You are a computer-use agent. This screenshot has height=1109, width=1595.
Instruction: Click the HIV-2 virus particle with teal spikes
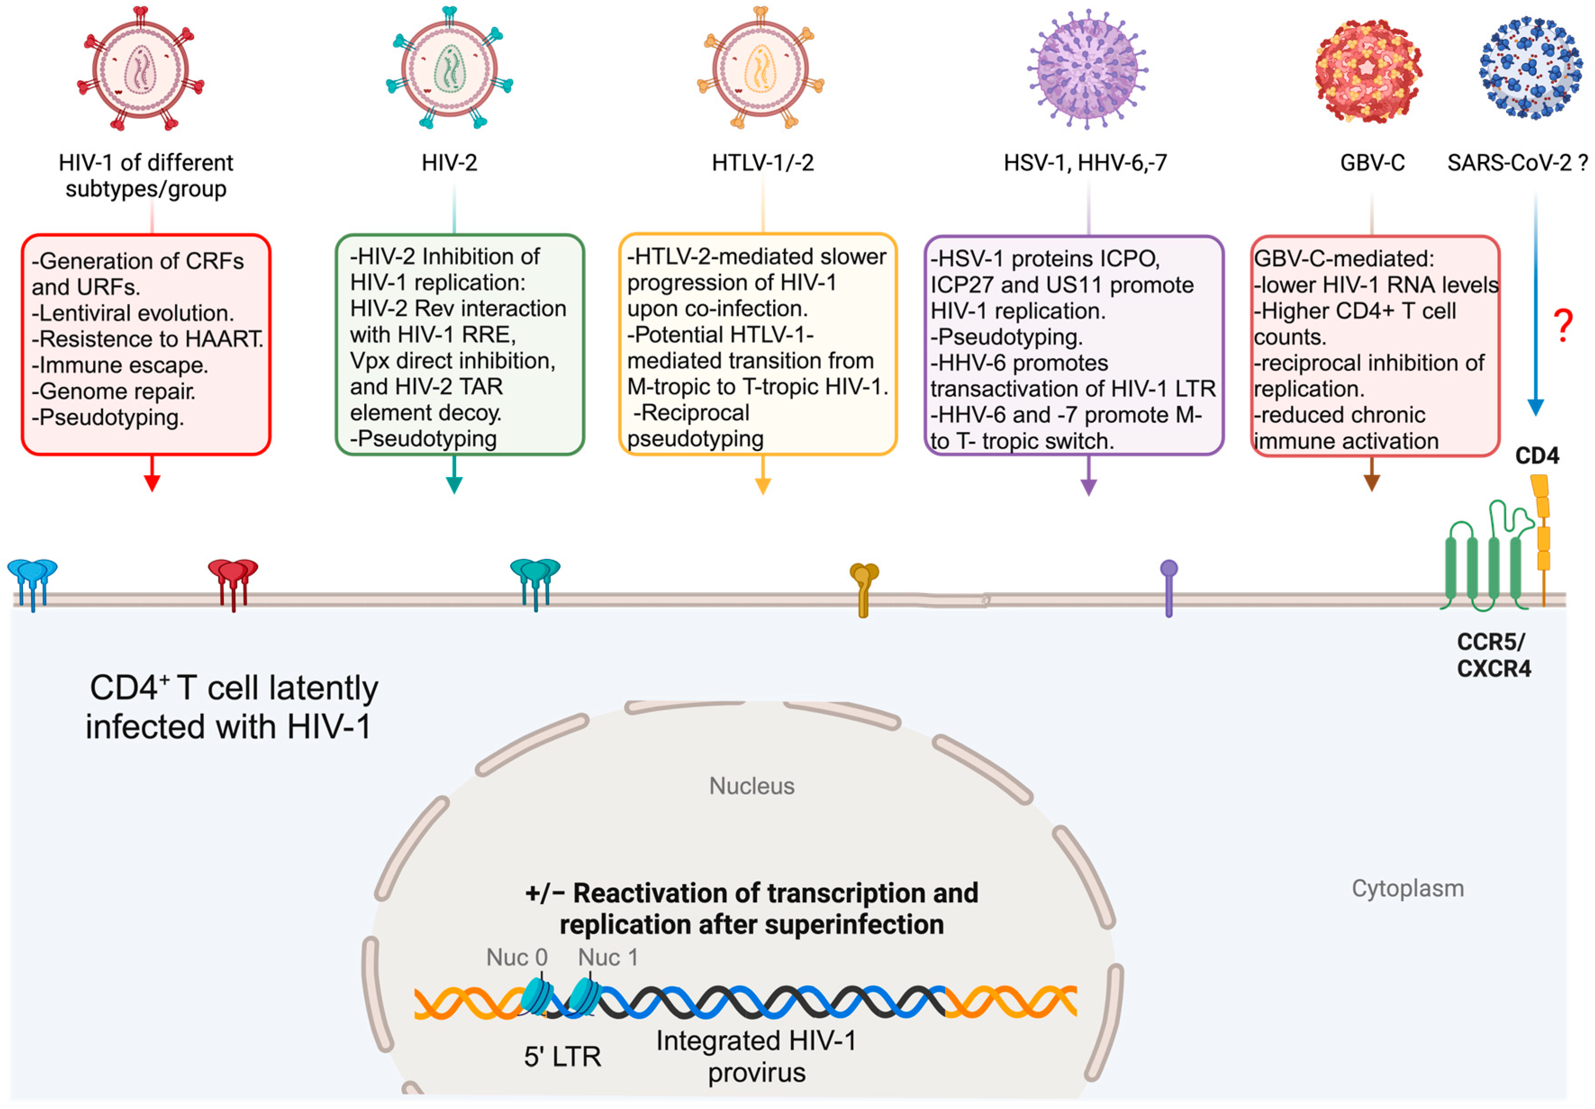(449, 68)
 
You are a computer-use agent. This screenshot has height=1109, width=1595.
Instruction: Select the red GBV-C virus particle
(1368, 71)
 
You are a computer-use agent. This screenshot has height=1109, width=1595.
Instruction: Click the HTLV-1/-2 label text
(762, 163)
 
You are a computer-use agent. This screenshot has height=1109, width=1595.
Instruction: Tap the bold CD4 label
(1536, 456)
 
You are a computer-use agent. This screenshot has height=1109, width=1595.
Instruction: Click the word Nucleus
(751, 786)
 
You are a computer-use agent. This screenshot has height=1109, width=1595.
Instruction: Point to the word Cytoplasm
(1407, 888)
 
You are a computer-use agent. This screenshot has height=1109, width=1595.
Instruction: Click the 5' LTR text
(562, 1057)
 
